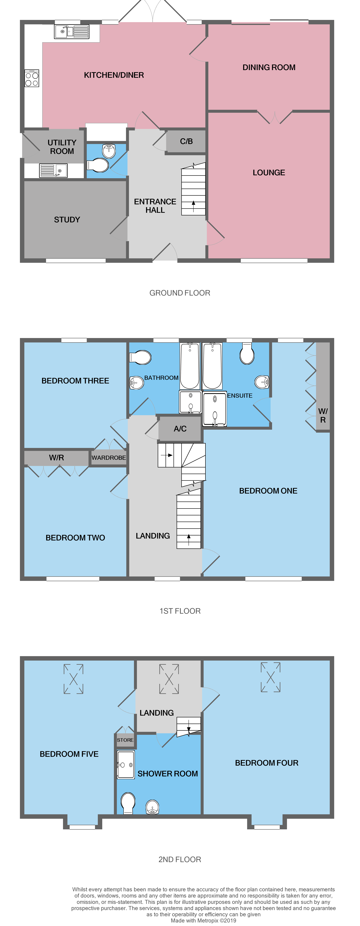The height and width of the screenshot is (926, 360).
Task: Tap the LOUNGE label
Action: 269,172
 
